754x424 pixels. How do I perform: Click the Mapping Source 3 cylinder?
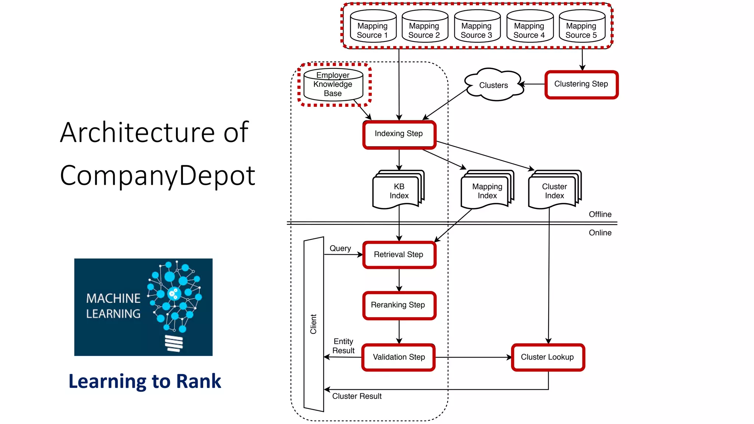point(477,27)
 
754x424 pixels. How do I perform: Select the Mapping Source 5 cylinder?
point(582,27)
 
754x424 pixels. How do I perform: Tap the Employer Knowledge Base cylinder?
point(333,85)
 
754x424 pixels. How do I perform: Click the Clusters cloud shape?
point(493,85)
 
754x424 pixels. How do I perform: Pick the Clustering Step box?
point(581,84)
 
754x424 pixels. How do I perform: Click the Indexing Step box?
point(399,134)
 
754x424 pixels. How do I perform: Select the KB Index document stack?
point(398,191)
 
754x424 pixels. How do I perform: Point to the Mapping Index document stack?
point(487,191)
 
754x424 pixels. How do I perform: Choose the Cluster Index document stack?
point(554,191)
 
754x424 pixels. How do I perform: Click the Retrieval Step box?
point(399,255)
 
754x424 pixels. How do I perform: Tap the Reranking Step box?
point(399,305)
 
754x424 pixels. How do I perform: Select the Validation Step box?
point(399,357)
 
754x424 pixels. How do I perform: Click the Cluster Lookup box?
point(548,357)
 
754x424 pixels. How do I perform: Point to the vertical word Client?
point(313,324)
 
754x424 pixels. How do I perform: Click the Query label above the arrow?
point(340,248)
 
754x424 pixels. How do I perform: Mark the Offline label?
point(600,215)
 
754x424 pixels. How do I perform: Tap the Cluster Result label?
point(357,396)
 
